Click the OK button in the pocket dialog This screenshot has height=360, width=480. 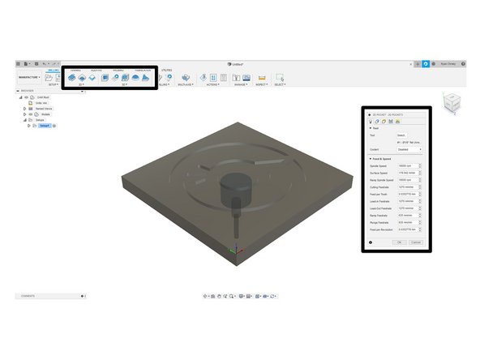point(399,242)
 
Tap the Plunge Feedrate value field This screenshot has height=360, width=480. point(410,222)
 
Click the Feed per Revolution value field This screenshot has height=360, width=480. point(410,229)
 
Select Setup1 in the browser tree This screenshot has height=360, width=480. point(45,126)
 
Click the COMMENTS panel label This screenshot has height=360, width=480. point(28,297)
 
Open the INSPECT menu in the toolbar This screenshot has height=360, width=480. point(262,84)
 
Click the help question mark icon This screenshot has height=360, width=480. point(371,242)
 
